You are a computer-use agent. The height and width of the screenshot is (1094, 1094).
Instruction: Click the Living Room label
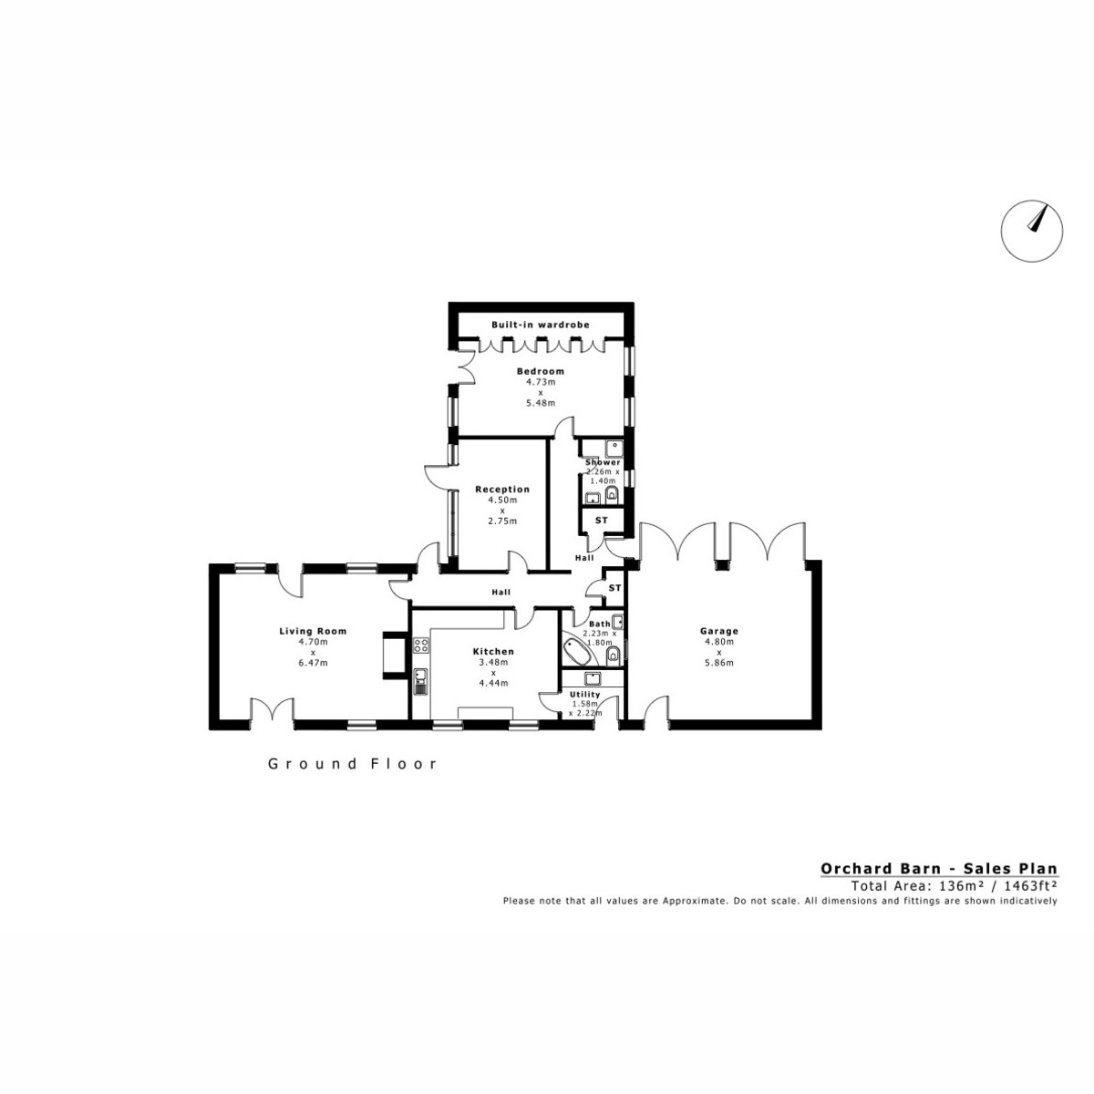point(313,631)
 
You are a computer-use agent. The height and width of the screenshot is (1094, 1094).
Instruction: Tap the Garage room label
point(718,631)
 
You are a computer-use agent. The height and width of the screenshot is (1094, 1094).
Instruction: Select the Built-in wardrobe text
point(540,325)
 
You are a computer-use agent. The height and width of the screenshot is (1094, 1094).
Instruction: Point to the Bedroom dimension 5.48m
point(540,403)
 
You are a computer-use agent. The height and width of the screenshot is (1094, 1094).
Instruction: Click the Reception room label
point(501,490)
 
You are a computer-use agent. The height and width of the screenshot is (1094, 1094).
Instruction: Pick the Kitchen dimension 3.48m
point(493,662)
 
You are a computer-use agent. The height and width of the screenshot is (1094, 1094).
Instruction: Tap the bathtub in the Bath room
point(578,651)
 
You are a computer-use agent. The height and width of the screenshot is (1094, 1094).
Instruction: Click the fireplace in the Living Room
point(395,655)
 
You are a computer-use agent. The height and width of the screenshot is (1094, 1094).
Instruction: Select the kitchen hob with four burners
point(421,645)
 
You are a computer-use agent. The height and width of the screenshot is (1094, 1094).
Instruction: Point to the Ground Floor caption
point(353,764)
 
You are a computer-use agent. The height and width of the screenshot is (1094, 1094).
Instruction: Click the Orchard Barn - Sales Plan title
point(939,869)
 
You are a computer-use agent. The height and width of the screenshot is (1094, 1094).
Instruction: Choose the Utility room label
point(584,695)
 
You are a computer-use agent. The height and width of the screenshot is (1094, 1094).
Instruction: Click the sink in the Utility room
point(593,678)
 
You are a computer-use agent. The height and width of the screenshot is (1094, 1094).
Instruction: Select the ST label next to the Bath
point(614,588)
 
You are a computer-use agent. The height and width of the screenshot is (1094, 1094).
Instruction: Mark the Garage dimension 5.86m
point(718,663)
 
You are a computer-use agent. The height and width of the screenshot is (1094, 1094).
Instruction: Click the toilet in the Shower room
point(612,497)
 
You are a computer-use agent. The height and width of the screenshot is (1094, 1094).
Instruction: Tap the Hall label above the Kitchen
point(501,593)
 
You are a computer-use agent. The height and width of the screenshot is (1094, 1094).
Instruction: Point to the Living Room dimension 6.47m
point(313,663)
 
